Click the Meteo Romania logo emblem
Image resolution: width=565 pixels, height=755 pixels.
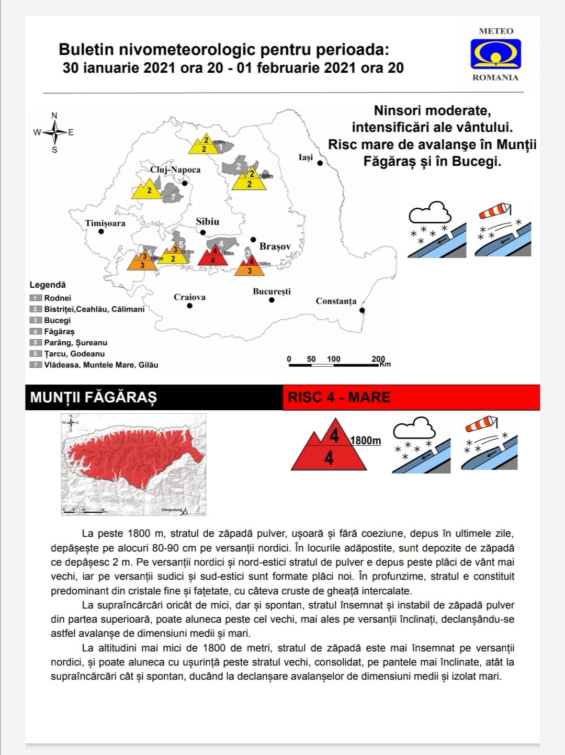[495, 54]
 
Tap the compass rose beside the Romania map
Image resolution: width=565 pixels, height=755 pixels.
[54, 132]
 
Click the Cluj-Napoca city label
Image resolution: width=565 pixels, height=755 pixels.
[175, 170]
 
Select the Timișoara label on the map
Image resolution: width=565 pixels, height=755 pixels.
[105, 223]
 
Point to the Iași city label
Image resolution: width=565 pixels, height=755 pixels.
[306, 157]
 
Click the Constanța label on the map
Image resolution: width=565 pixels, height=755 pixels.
[336, 301]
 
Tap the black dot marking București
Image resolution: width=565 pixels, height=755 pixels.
[272, 300]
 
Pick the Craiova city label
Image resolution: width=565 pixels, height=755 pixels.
[189, 297]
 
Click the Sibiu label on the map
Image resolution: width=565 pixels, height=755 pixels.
[208, 221]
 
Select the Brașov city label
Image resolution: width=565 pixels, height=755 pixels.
[275, 246]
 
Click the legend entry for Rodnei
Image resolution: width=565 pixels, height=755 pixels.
[57, 298]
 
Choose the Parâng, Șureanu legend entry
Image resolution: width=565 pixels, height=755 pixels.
[75, 342]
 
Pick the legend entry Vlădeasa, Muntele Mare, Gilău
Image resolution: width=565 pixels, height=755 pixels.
[100, 365]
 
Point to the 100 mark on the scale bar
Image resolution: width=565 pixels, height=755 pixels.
[334, 359]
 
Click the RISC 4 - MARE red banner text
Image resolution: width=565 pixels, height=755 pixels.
[339, 397]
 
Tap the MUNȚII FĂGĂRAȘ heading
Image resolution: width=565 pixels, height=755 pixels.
[93, 397]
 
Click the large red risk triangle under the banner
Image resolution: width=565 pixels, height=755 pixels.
[329, 448]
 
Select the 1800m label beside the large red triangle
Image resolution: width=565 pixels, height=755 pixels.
[366, 441]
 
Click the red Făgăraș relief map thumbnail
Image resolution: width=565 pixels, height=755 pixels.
[133, 465]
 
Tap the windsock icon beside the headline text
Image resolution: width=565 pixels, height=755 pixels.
[502, 229]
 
